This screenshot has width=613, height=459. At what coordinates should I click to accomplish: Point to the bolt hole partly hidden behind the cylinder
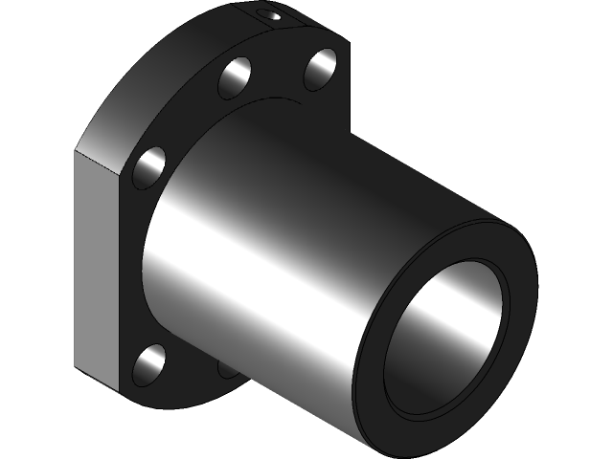click(226, 366)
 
